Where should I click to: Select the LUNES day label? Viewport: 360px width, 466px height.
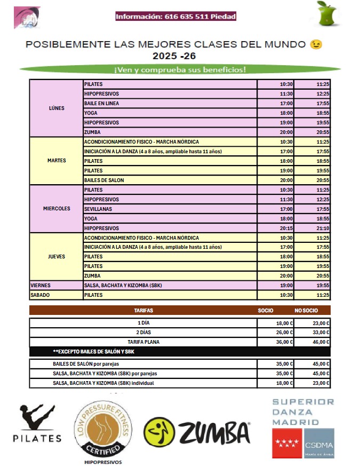(56, 108)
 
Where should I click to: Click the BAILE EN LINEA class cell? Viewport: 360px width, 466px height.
(101, 103)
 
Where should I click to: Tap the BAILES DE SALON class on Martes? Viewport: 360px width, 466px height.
(104, 180)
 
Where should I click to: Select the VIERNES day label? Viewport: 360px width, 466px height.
(41, 286)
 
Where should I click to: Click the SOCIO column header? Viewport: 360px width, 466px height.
(265, 310)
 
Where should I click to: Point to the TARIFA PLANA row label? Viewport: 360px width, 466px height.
(143, 342)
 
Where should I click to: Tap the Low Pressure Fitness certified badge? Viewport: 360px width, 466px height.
(103, 427)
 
